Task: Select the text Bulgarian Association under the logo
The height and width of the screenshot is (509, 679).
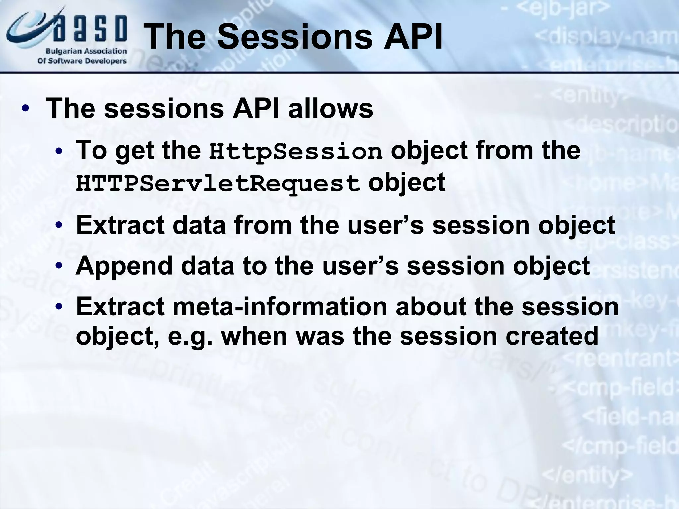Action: (86, 51)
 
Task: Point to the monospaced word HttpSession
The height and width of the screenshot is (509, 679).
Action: (295, 152)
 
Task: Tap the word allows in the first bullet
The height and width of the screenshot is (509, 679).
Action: (331, 109)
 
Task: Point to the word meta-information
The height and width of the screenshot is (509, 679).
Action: (280, 306)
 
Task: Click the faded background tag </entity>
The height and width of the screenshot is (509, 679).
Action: (587, 476)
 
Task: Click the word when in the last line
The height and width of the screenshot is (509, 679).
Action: (254, 336)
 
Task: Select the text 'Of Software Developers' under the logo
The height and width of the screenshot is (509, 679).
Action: (82, 61)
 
